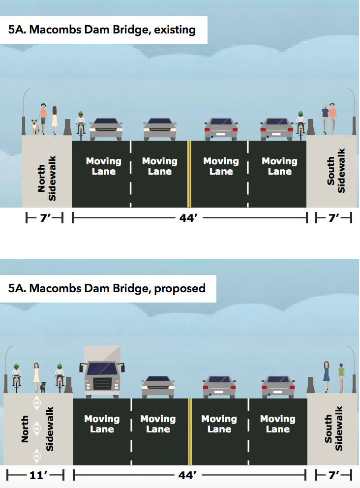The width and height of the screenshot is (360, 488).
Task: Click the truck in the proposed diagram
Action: [x=102, y=372]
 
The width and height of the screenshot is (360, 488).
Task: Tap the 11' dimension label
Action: [x=38, y=475]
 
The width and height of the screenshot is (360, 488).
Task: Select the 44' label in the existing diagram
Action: [x=188, y=218]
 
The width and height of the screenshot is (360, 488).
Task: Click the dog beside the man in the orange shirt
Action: [x=35, y=127]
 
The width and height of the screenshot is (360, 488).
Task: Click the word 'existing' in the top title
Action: [x=175, y=30]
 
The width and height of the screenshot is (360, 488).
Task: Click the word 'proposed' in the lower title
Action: [x=180, y=288]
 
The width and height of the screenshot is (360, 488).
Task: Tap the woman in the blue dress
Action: [x=327, y=377]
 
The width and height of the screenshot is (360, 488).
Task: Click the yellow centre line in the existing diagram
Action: [x=189, y=174]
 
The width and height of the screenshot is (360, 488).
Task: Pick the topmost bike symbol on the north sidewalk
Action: [x=37, y=403]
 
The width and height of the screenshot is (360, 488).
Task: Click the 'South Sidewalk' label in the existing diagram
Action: [x=336, y=171]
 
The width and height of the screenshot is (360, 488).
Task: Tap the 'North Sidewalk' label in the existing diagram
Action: [x=47, y=179]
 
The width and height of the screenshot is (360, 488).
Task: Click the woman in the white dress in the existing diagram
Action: [x=55, y=121]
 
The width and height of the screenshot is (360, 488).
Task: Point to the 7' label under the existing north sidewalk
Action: [x=45, y=218]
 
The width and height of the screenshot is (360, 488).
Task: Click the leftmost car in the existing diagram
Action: [x=106, y=129]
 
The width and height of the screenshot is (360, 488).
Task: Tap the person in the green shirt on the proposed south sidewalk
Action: [x=341, y=377]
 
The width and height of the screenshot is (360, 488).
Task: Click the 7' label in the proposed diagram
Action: [x=334, y=475]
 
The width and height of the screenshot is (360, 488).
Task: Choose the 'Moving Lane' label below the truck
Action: [x=102, y=424]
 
